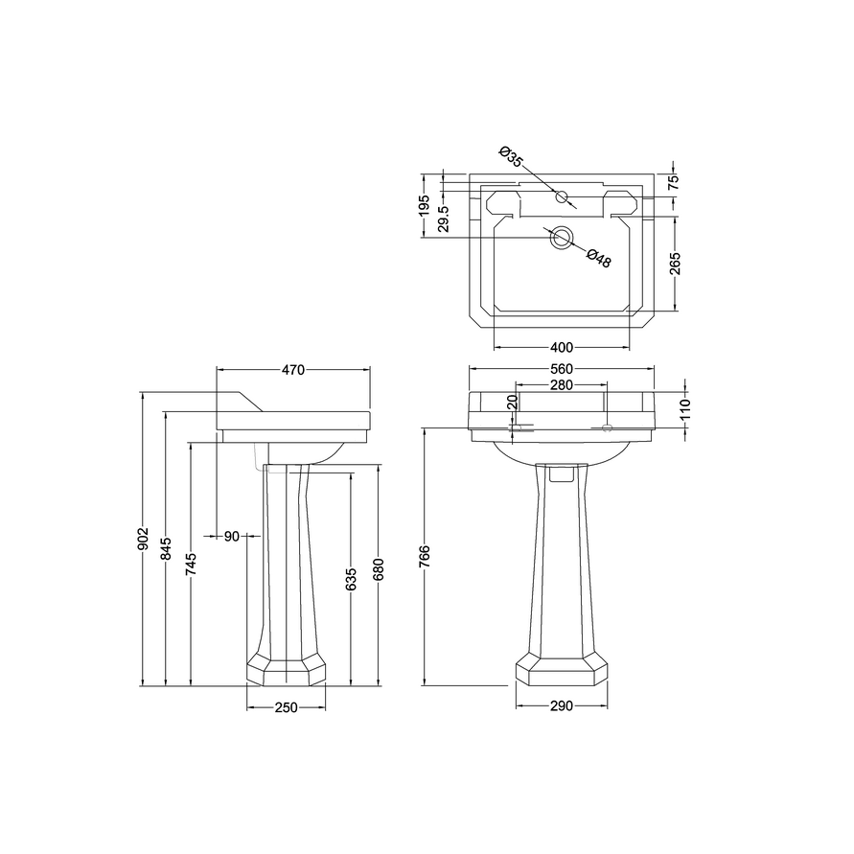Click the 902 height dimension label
click(143, 539)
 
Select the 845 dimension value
click(167, 548)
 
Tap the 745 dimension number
click(191, 564)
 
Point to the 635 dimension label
click(351, 579)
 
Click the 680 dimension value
click(379, 569)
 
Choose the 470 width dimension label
click(293, 370)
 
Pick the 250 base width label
click(286, 707)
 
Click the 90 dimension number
click(232, 537)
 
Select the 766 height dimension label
click(426, 556)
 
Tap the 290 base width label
click(562, 706)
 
